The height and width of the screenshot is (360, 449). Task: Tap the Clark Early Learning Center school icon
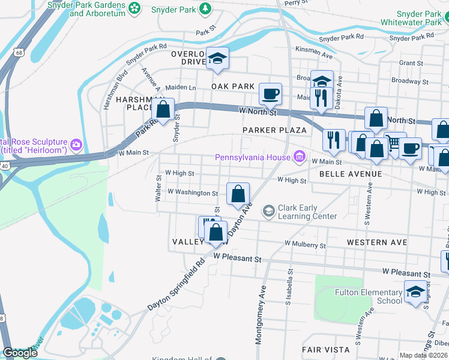(268, 211)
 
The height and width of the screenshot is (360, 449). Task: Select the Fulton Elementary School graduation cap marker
(415, 292)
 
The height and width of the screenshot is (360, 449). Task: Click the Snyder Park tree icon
(205, 8)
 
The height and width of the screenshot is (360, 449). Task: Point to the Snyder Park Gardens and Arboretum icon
(134, 8)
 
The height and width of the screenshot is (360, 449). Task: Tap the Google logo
(20, 353)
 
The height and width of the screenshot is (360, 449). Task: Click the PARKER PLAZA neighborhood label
(274, 130)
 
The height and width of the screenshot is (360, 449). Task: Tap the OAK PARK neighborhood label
(233, 86)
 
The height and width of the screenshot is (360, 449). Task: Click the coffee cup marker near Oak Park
(270, 94)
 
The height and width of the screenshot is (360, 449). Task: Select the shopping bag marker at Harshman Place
(163, 110)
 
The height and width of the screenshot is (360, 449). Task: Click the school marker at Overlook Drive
(217, 58)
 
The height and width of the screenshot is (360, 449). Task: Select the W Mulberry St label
(305, 245)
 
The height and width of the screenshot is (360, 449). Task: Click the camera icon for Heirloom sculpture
(76, 144)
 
